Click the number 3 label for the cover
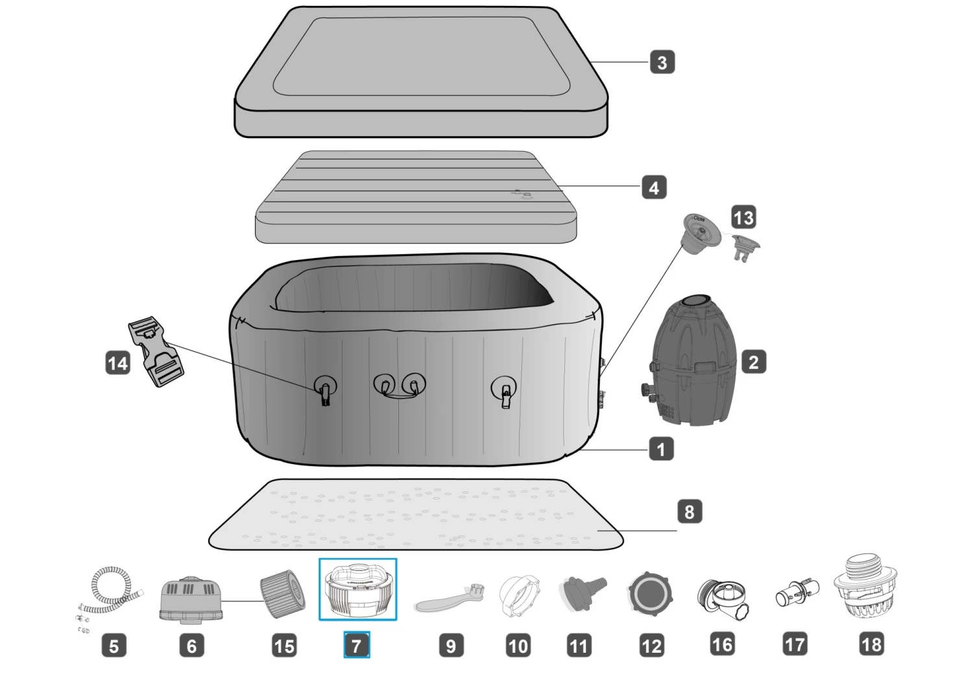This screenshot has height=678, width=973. click(x=662, y=63)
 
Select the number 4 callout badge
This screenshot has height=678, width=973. click(x=653, y=188)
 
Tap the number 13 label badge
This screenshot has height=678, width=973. click(x=743, y=218)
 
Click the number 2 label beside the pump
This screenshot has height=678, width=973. click(x=753, y=362)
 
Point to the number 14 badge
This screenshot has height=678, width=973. click(x=117, y=363)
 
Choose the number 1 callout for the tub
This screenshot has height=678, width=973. click(x=661, y=449)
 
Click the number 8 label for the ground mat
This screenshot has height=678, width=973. click(x=689, y=512)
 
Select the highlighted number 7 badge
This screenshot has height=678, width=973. click(x=356, y=646)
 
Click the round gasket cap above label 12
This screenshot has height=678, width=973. click(x=649, y=594)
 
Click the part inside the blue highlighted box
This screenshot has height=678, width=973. click(x=357, y=590)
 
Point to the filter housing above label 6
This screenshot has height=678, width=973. click(x=191, y=598)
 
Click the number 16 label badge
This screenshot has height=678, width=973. click(x=722, y=645)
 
